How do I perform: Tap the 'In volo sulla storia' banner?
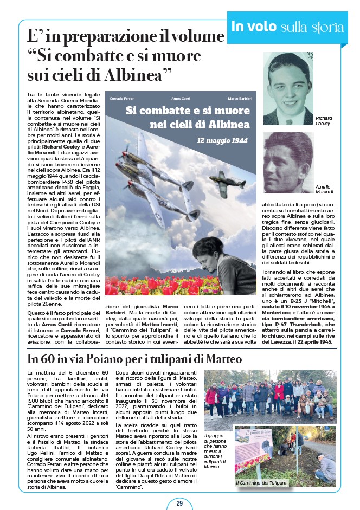point(287,26)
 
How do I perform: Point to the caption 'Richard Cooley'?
point(324,120)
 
